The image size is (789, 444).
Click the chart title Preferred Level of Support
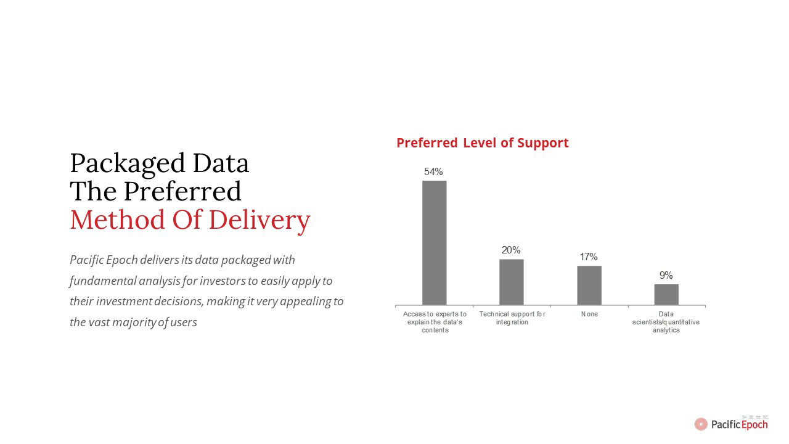pos(482,143)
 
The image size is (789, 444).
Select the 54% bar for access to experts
pos(435,243)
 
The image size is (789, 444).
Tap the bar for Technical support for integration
pos(512,282)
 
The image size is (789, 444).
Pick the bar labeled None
pos(589,286)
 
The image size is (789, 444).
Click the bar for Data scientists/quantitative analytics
pos(666,295)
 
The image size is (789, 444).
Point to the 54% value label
pos(433,171)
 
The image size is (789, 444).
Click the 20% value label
pos(511,250)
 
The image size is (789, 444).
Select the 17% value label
pos(589,257)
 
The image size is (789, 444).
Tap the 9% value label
pos(666,275)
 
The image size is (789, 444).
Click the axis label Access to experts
pos(435,322)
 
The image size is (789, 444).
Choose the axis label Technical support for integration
pos(512,318)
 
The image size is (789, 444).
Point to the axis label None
pos(589,314)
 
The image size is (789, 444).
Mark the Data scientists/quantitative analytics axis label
pos(666,322)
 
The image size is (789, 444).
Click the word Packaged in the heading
pos(128,164)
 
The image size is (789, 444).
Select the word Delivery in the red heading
pos(260,220)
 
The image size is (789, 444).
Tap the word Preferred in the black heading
pos(182,191)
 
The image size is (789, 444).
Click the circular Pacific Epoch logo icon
pos(701,424)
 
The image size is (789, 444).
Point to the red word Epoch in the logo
pos(754,425)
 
